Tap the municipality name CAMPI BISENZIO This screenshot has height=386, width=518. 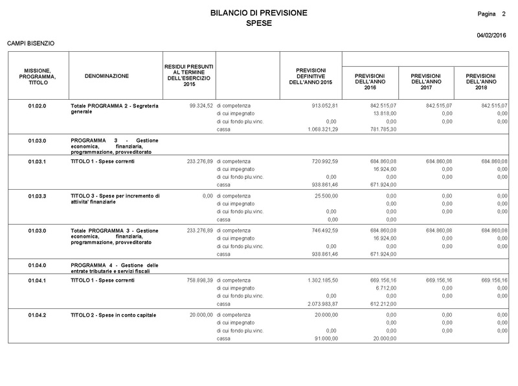click(x=30, y=43)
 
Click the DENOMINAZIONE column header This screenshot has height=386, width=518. click(x=107, y=76)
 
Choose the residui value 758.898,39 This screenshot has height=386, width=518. click(x=195, y=280)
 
